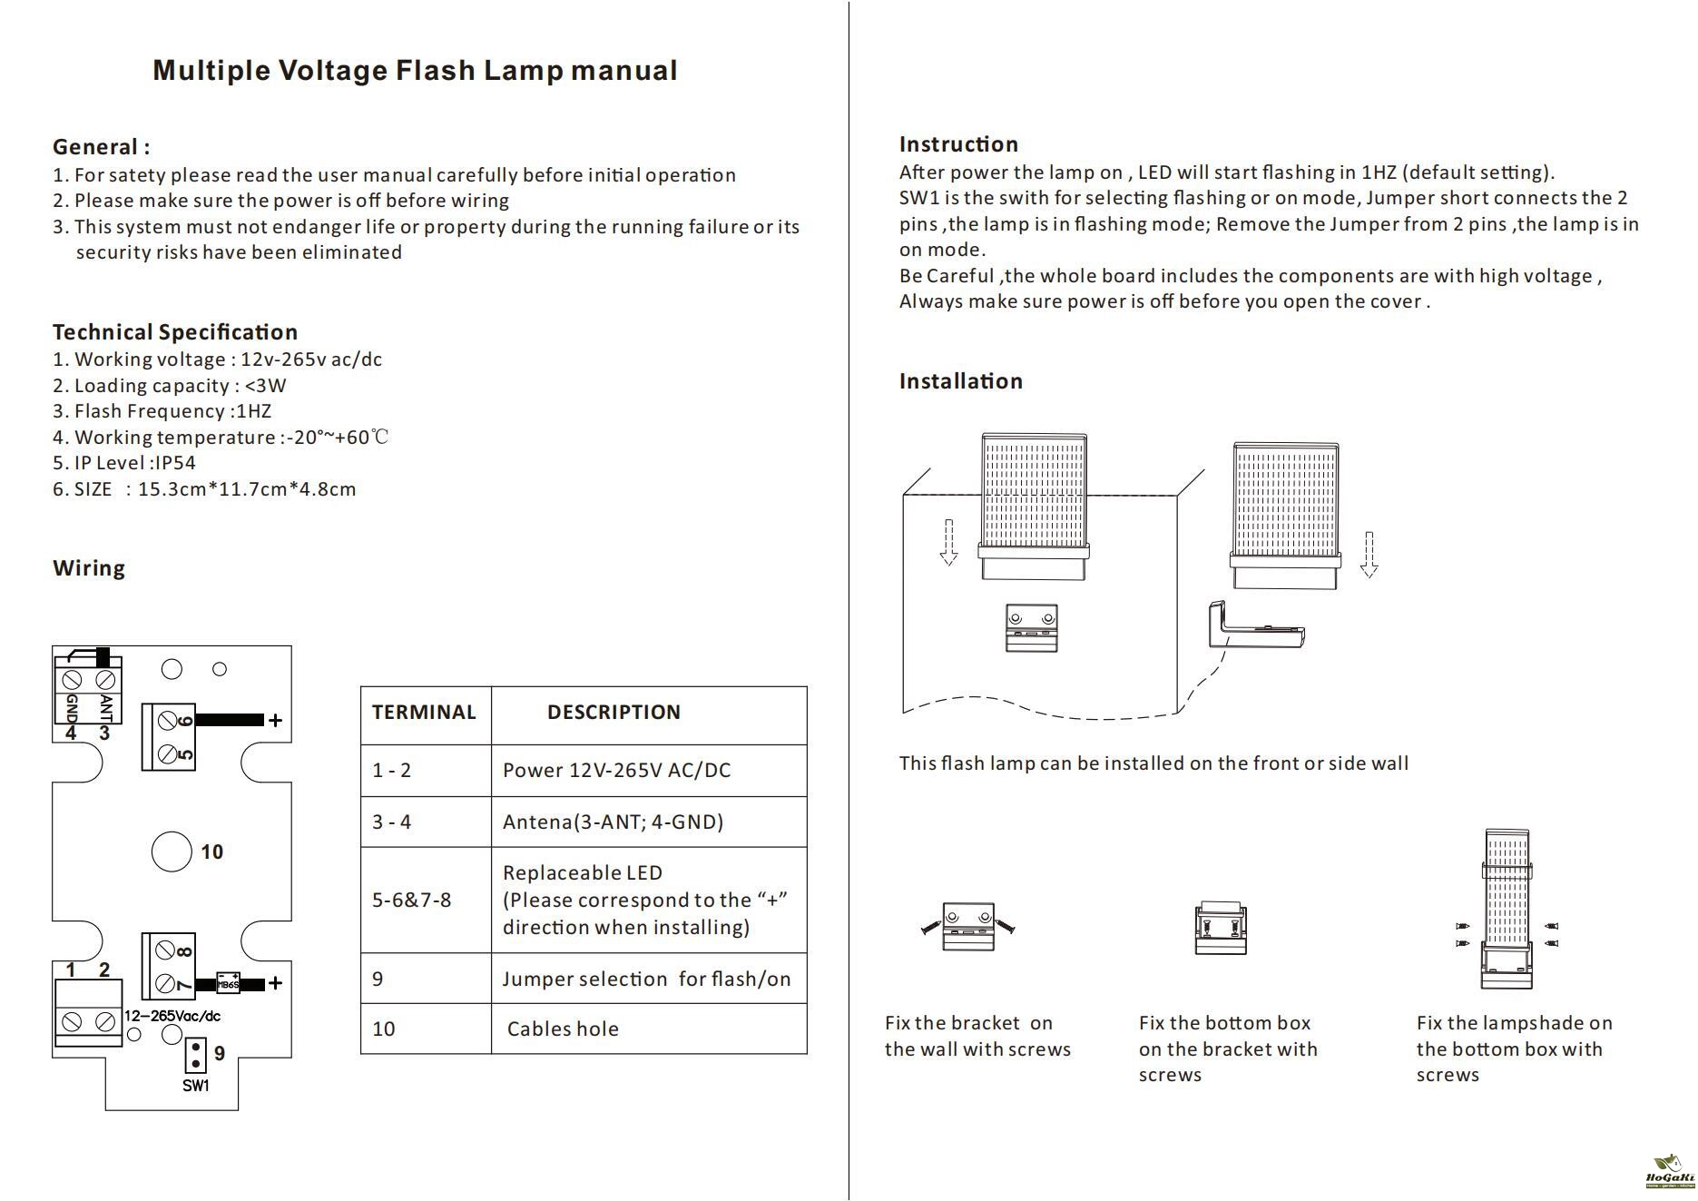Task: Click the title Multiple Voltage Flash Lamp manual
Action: (x=415, y=71)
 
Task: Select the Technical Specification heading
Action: (x=175, y=332)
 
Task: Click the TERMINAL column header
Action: (x=424, y=713)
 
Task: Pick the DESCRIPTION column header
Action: (x=613, y=713)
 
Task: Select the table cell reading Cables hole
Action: (x=563, y=1029)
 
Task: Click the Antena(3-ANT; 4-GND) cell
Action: (x=613, y=822)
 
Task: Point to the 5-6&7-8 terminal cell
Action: (x=411, y=901)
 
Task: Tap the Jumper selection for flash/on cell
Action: (x=646, y=980)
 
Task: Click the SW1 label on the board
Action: (x=196, y=1086)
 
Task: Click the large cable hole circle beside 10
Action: (x=172, y=852)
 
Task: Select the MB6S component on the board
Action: (x=228, y=983)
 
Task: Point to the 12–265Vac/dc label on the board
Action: (x=172, y=1017)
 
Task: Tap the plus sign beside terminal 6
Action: (x=275, y=721)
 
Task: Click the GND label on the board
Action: (x=72, y=707)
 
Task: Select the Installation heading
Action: (x=960, y=381)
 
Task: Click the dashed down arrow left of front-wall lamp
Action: (x=948, y=542)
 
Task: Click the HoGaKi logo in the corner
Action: (x=1669, y=1172)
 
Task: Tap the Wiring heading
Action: (x=89, y=568)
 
